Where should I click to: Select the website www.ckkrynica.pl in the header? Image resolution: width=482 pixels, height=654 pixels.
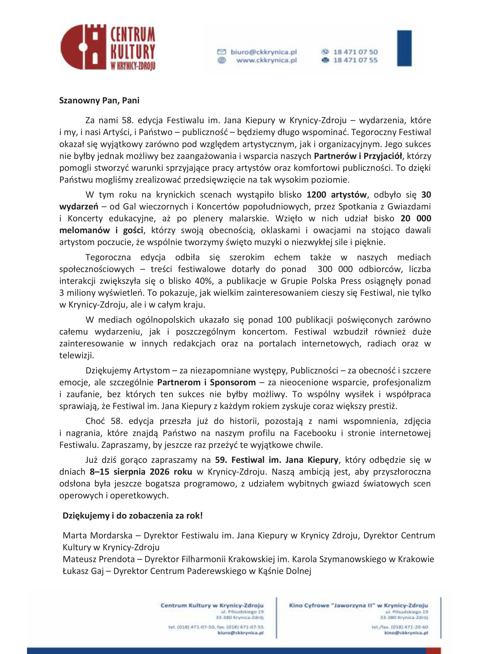pyautogui.click(x=266, y=60)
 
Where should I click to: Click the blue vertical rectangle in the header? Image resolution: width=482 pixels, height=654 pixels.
pyautogui.click(x=404, y=48)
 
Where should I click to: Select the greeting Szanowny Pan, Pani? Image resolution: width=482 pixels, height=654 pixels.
pyautogui.click(x=99, y=100)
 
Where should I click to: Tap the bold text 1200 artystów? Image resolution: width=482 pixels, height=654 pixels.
pyautogui.click(x=336, y=195)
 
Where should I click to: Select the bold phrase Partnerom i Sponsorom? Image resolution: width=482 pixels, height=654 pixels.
pyautogui.click(x=206, y=382)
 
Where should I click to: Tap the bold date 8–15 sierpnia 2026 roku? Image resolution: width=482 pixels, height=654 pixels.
pyautogui.click(x=141, y=472)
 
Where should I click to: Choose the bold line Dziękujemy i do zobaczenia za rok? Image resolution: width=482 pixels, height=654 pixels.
pyautogui.click(x=132, y=516)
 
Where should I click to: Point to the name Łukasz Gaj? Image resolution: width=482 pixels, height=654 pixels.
pyautogui.click(x=83, y=571)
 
